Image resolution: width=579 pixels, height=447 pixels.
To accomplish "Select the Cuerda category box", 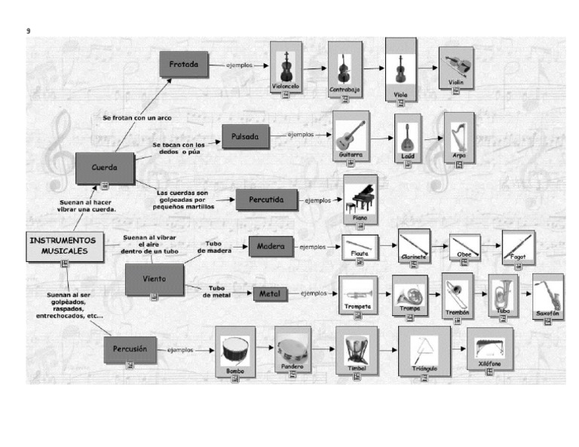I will click(x=104, y=167).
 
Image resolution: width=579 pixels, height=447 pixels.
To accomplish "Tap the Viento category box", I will click(x=154, y=279).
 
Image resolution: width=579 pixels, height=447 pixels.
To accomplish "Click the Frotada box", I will click(x=183, y=65).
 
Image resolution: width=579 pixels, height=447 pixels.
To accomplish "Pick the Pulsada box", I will click(x=245, y=136).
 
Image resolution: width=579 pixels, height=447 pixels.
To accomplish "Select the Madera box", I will click(x=270, y=246).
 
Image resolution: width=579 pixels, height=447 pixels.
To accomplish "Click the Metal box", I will click(x=271, y=293).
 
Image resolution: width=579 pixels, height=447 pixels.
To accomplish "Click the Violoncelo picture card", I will click(x=286, y=68).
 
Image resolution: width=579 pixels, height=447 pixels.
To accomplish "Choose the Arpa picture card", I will click(x=459, y=136).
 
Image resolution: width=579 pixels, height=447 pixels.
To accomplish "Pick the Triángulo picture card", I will click(x=424, y=351).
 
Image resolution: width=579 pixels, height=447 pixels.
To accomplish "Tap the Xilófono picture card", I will click(x=489, y=349).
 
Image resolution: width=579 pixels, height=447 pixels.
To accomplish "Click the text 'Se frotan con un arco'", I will click(x=137, y=118).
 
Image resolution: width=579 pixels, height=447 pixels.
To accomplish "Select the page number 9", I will click(x=29, y=31).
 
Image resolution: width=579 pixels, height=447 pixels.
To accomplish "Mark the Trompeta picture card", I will click(x=357, y=295).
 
